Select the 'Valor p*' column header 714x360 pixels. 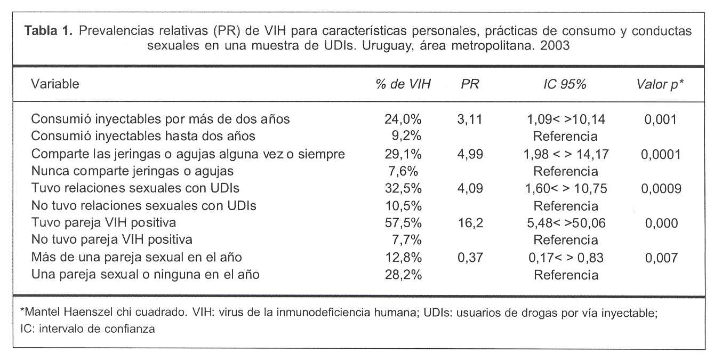point(660,84)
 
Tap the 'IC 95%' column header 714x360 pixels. point(565,84)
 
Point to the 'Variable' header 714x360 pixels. point(55,84)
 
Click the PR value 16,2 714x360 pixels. point(470,223)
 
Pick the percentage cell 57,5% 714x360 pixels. point(403,223)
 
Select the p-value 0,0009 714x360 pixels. point(662,188)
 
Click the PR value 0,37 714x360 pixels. point(470,258)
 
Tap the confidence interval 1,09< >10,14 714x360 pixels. point(566,119)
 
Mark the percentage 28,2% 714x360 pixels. point(403,275)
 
